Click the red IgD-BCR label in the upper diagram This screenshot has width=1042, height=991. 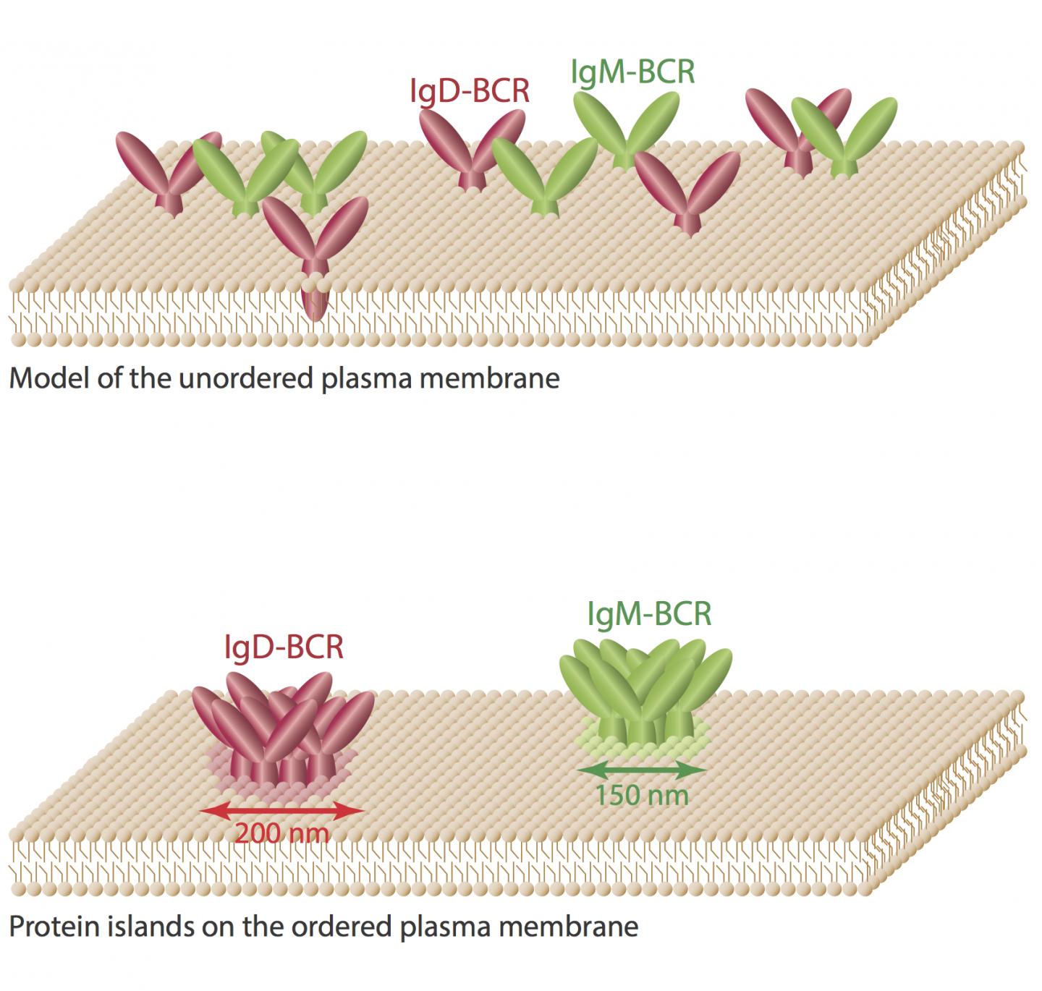[x=470, y=92]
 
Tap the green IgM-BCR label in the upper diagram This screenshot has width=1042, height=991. [x=632, y=72]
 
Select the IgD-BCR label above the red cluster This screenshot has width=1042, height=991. [x=284, y=647]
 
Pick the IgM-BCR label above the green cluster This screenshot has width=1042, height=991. [x=649, y=614]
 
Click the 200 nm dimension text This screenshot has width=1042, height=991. [x=282, y=833]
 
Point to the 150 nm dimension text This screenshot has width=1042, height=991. [x=641, y=795]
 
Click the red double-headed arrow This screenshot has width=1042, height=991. [x=282, y=811]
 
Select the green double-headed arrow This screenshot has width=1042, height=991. [x=642, y=769]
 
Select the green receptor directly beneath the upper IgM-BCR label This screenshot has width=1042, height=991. [x=627, y=130]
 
